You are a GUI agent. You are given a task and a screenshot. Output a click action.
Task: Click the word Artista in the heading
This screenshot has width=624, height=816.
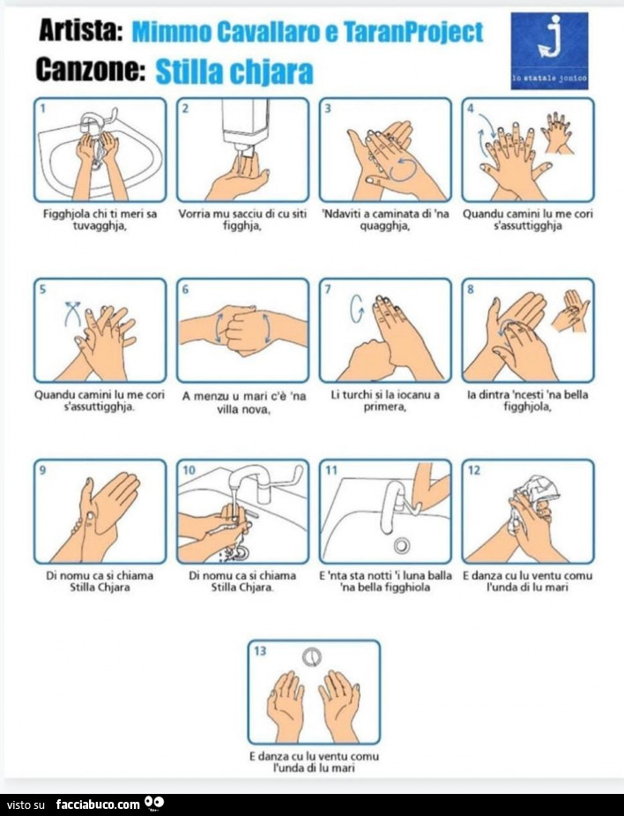(x=80, y=31)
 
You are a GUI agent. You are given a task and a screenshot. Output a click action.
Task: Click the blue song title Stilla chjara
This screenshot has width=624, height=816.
(x=234, y=71)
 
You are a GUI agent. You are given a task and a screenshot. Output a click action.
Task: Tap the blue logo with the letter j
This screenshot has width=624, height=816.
(x=549, y=50)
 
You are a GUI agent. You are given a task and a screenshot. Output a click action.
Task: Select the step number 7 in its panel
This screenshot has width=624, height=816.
(x=328, y=288)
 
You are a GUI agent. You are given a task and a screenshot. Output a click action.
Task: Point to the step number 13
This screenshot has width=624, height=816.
(x=260, y=650)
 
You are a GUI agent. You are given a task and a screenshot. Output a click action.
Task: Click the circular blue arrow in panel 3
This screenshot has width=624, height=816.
(x=403, y=169)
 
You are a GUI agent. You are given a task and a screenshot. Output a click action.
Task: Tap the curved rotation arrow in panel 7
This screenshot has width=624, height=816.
(x=357, y=309)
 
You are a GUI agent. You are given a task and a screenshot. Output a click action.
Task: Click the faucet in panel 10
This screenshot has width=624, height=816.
(x=260, y=482)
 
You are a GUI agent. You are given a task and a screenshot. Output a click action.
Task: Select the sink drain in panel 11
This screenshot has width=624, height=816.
(x=401, y=545)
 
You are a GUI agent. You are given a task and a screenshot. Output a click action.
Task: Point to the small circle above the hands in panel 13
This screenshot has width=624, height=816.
(x=311, y=657)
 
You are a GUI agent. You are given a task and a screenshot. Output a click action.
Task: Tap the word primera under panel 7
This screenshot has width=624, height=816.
(x=385, y=407)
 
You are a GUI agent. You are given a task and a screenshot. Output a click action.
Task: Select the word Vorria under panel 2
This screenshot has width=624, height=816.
(x=193, y=213)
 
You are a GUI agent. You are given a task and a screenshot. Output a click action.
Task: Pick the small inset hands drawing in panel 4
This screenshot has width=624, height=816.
(x=557, y=132)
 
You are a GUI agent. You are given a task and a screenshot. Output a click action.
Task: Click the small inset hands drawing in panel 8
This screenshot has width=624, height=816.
(x=570, y=311)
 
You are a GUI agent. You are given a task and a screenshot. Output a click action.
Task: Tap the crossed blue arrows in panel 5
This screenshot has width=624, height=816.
(x=73, y=313)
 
